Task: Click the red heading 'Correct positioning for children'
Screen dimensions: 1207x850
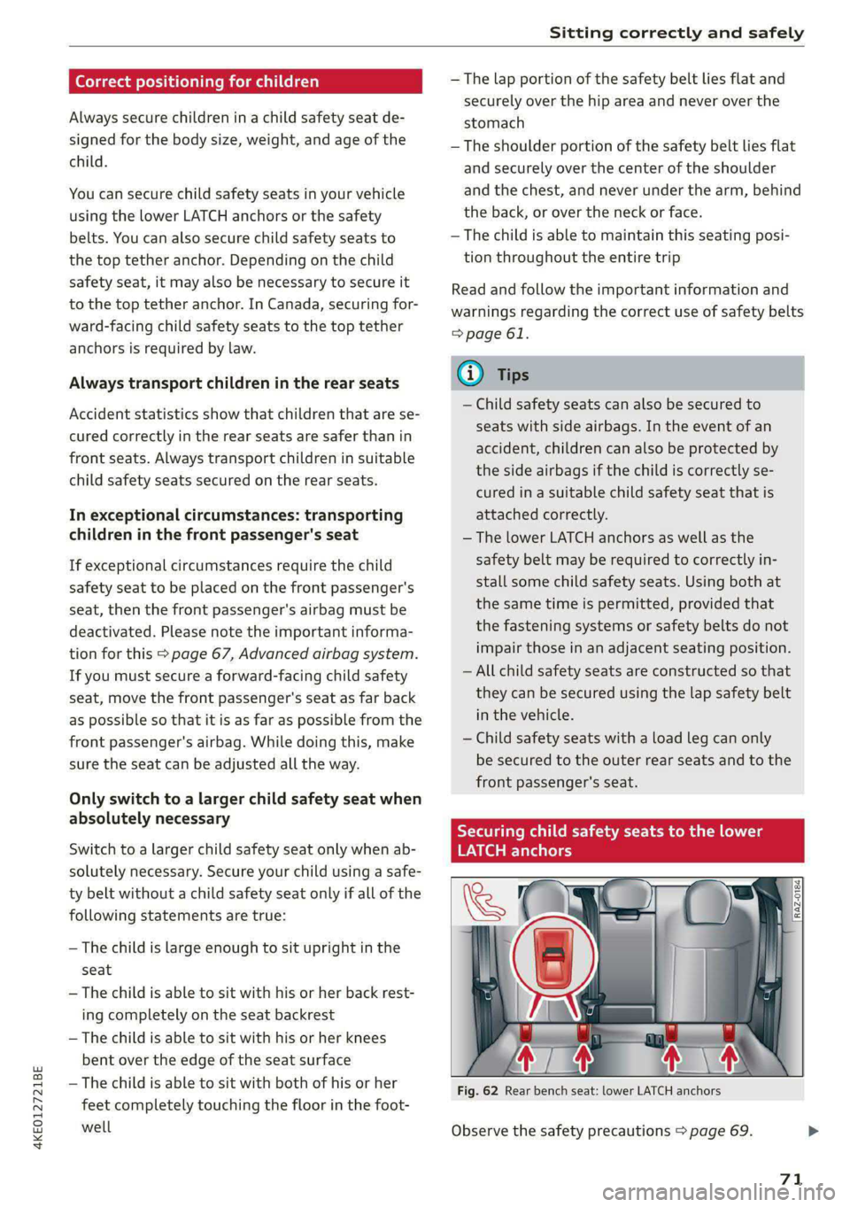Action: [197, 81]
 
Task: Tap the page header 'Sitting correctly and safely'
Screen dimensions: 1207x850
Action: [676, 33]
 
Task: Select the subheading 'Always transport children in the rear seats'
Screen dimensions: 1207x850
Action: [234, 383]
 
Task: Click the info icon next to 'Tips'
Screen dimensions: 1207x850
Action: [470, 374]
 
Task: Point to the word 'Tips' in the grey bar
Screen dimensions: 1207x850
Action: [513, 375]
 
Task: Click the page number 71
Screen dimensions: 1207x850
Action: [791, 1179]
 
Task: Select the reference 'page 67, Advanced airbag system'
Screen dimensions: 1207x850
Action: [292, 654]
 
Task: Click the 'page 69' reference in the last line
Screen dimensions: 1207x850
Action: [719, 1131]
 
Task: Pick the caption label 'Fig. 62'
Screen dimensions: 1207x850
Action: [477, 1091]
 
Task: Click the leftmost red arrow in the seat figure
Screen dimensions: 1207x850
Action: [526, 1056]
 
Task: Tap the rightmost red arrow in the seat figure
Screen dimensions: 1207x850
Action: [728, 1056]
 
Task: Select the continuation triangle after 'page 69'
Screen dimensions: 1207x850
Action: [814, 1131]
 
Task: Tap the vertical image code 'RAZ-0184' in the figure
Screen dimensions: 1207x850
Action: [796, 898]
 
